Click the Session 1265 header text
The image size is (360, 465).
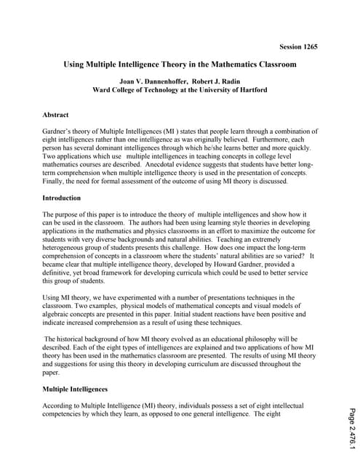click(294, 46)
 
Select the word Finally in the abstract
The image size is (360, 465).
click(55, 182)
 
